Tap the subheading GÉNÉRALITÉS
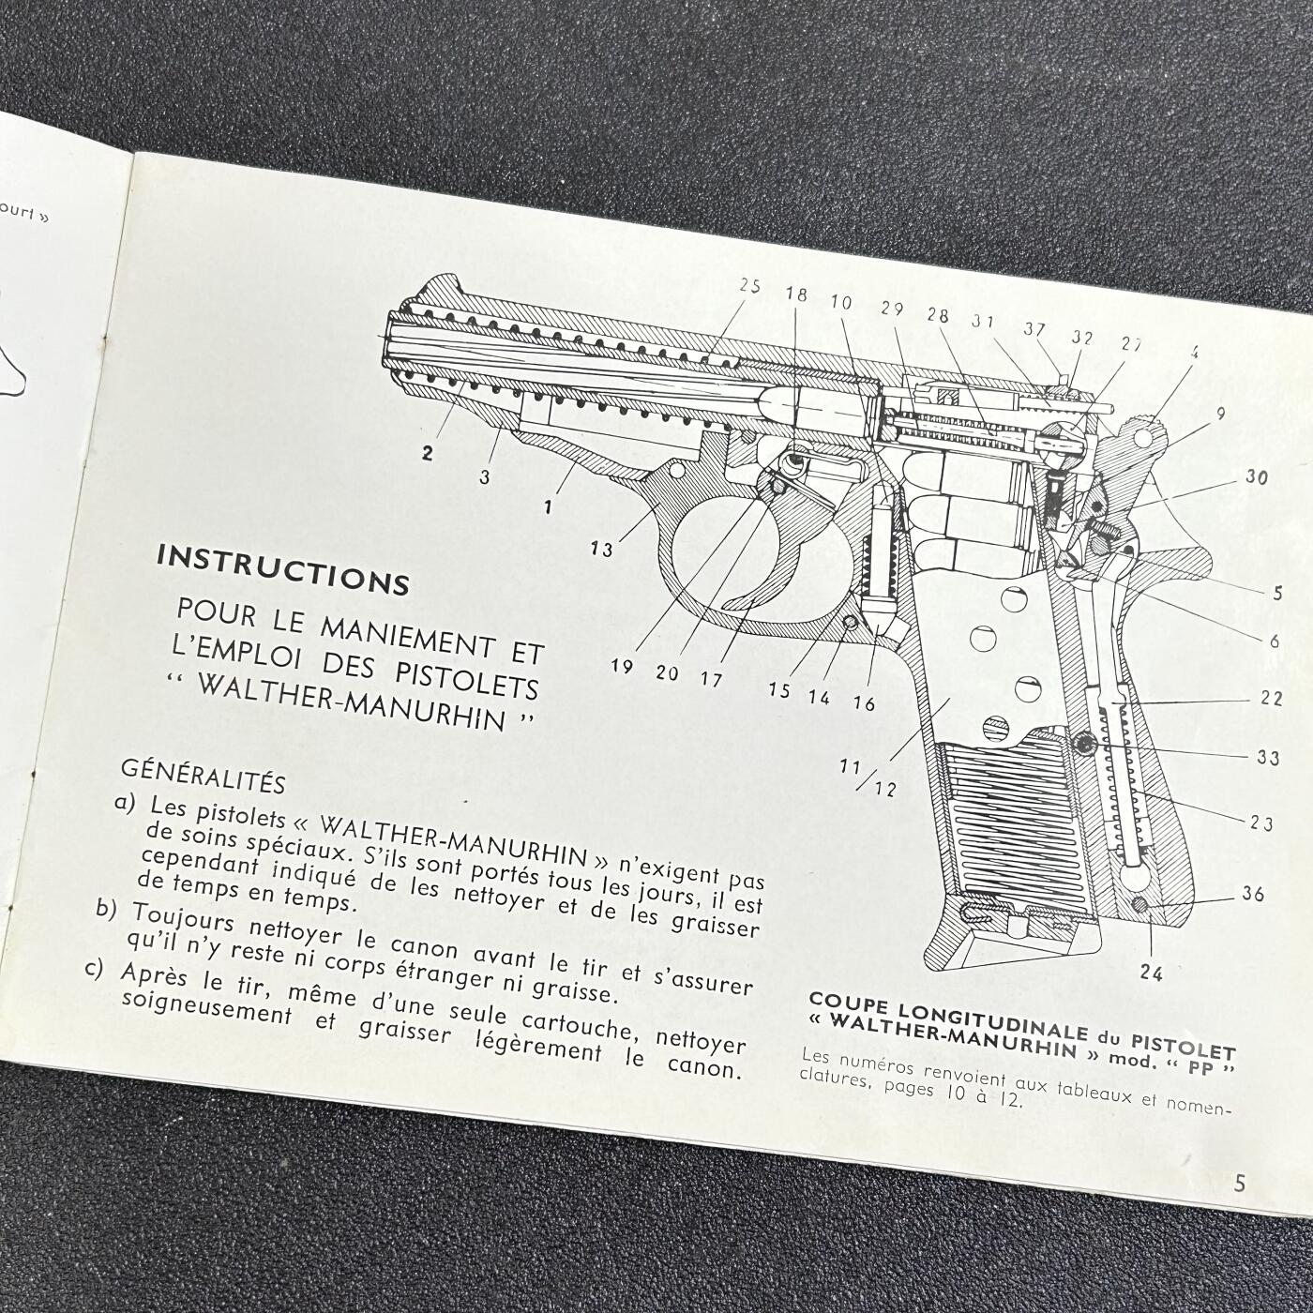tap(203, 777)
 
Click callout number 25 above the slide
tap(749, 285)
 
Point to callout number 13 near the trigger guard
tap(602, 549)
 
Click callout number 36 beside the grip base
tap(1252, 893)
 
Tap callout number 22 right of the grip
tap(1271, 699)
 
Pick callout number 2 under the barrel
tap(428, 453)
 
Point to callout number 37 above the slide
tap(1034, 330)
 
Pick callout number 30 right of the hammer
tap(1256, 478)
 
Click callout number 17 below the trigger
tap(710, 679)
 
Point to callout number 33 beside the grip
tap(1268, 758)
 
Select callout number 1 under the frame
tap(548, 507)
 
